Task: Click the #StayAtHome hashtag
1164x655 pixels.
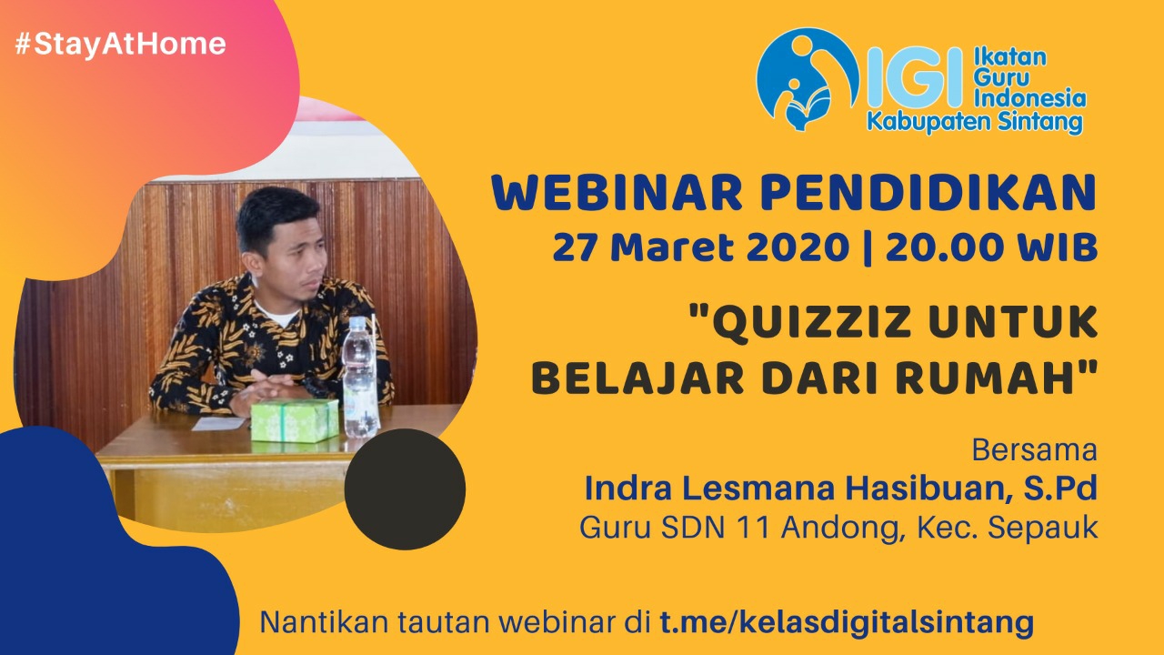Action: pyautogui.click(x=121, y=44)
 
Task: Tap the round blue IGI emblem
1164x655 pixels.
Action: pyautogui.click(x=807, y=79)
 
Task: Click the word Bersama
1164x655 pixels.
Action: pyautogui.click(x=1035, y=450)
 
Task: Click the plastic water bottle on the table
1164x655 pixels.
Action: pyautogui.click(x=359, y=378)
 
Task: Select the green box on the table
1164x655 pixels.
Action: pyautogui.click(x=295, y=420)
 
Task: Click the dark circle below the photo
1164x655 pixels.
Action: pyautogui.click(x=405, y=489)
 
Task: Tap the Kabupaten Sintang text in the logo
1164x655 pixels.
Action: pyautogui.click(x=975, y=122)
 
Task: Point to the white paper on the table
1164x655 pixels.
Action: pyautogui.click(x=218, y=424)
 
